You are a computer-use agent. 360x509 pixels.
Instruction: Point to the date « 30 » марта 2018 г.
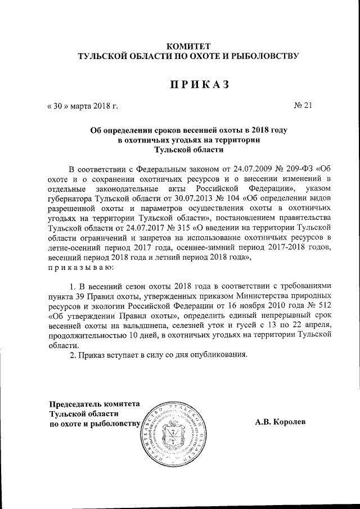tap(82, 105)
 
